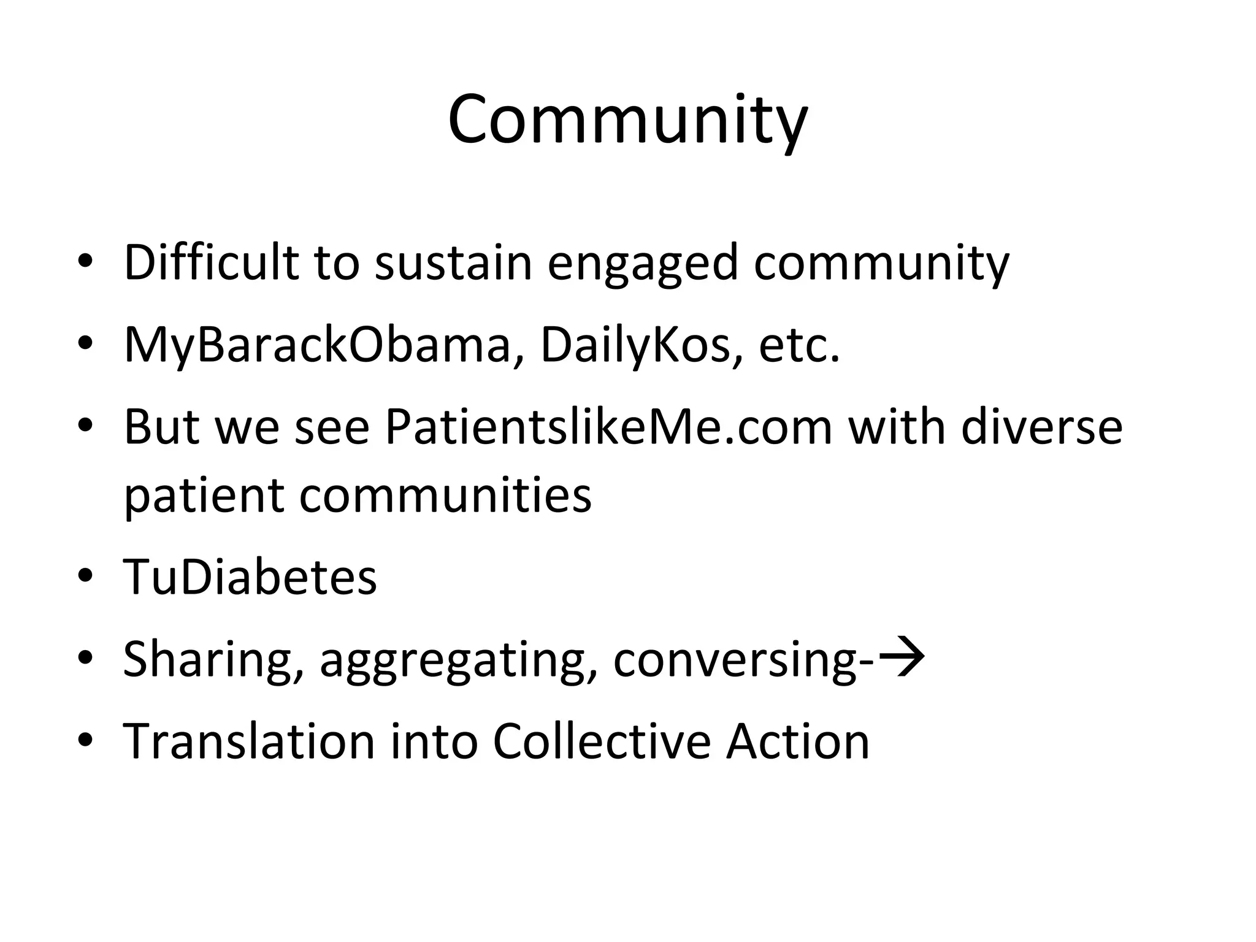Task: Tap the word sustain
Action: (453, 262)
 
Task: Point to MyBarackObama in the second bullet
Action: (317, 346)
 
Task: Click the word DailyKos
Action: (635, 346)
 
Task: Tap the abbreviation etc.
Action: (798, 346)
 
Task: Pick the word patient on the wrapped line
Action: (204, 496)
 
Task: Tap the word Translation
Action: (248, 741)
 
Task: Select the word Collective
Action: (601, 741)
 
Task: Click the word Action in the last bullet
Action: (797, 741)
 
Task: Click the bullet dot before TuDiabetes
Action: (85, 576)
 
